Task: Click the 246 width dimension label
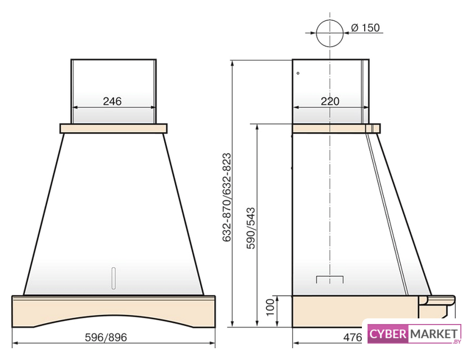pyautogui.click(x=112, y=101)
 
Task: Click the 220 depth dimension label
pyautogui.click(x=330, y=101)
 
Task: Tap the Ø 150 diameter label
pyautogui.click(x=365, y=28)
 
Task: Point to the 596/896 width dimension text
pyautogui.click(x=106, y=337)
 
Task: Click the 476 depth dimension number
pyautogui.click(x=352, y=337)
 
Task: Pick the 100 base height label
pyautogui.click(x=270, y=307)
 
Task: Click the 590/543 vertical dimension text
pyautogui.click(x=251, y=228)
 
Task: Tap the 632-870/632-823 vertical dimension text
pyautogui.click(x=226, y=197)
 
